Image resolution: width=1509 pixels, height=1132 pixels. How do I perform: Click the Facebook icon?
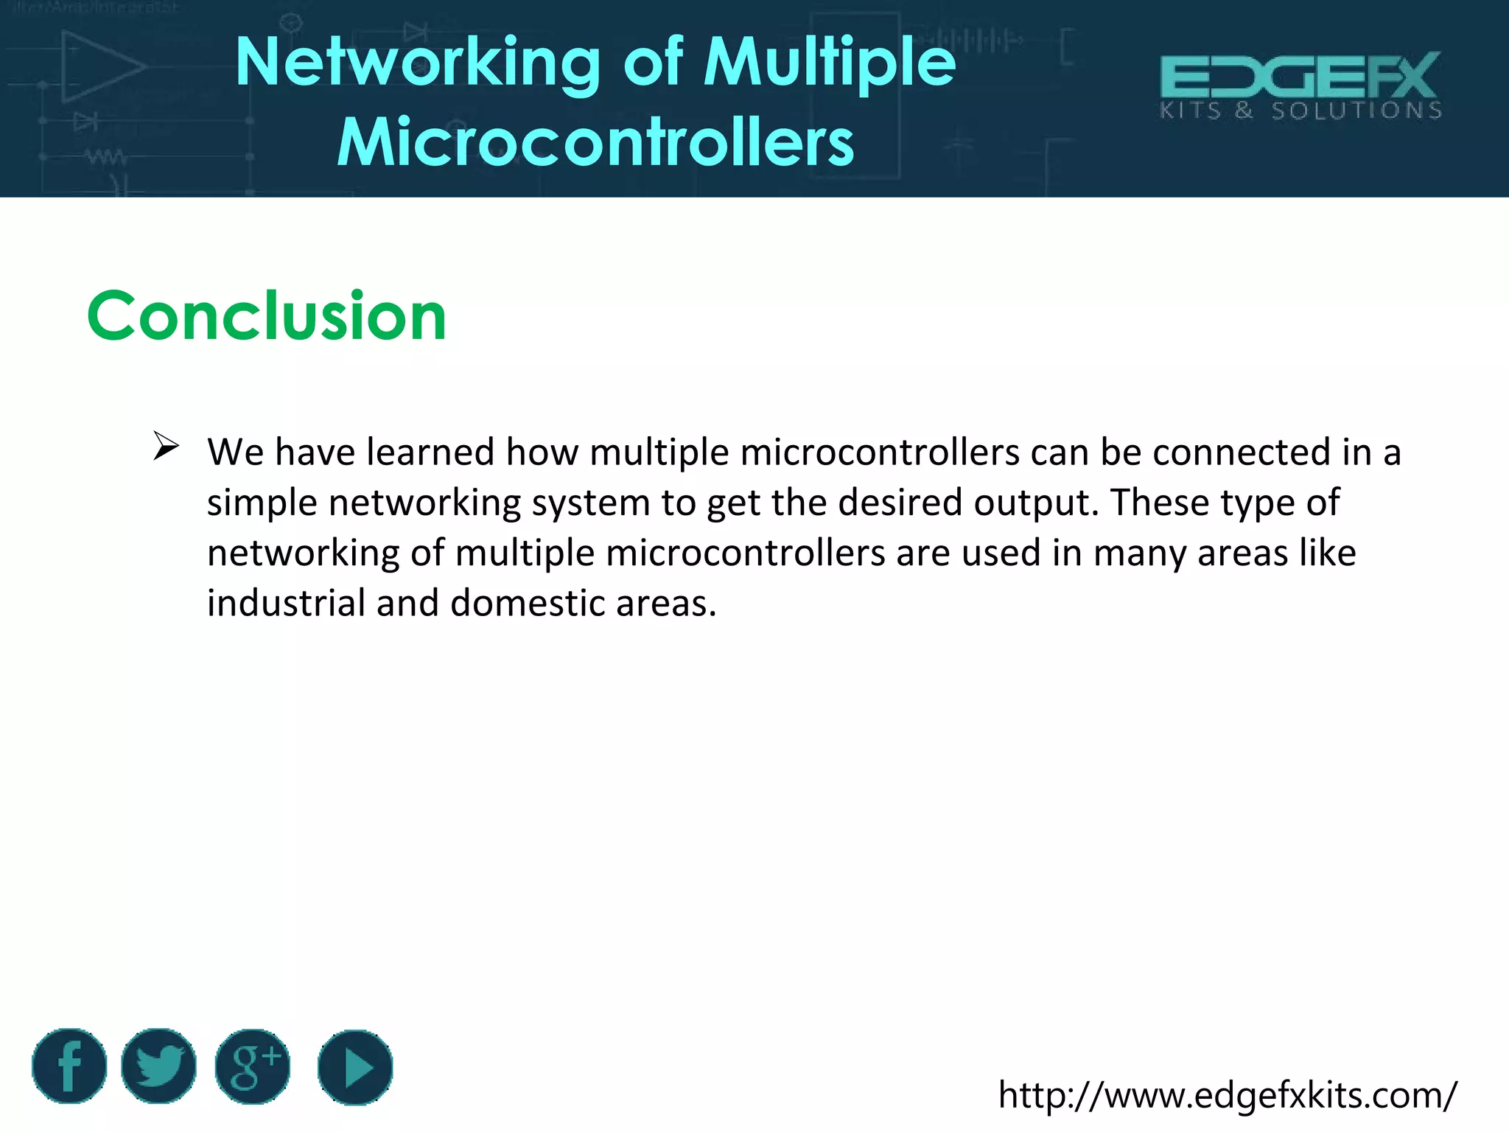pyautogui.click(x=69, y=1066)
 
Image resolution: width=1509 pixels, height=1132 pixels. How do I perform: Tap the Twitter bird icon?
pyautogui.click(x=158, y=1066)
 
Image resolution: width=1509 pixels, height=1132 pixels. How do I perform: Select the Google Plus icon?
pyautogui.click(x=253, y=1066)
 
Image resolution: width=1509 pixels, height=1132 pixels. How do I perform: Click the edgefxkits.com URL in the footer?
pyautogui.click(x=1227, y=1096)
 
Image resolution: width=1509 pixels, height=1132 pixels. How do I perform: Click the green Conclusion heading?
pyautogui.click(x=267, y=316)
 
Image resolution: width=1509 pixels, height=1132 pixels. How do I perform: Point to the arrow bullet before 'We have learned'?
pyautogui.click(x=166, y=447)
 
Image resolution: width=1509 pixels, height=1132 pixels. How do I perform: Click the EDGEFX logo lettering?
pyautogui.click(x=1300, y=75)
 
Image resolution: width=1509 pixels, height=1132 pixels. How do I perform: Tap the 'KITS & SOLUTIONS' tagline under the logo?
pyautogui.click(x=1300, y=111)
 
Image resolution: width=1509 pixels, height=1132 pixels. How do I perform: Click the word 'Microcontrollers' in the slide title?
pyautogui.click(x=595, y=142)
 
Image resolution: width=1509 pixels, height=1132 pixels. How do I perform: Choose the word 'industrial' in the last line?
pyautogui.click(x=286, y=603)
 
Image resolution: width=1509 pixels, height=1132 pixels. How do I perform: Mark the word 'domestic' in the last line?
pyautogui.click(x=528, y=603)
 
